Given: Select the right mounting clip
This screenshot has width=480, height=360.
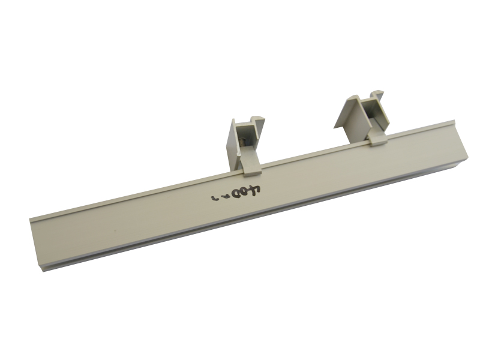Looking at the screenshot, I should tap(364, 117).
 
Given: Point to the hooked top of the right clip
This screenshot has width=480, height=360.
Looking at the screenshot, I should tap(376, 96).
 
